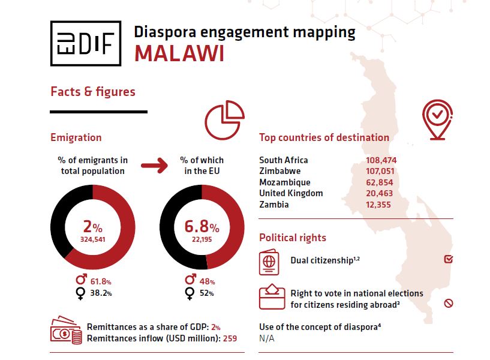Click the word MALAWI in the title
[179, 53]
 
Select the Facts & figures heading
[93, 92]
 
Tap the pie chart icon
[224, 120]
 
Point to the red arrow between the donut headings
[154, 166]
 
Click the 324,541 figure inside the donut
[92, 239]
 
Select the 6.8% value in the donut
[202, 227]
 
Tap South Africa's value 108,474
[381, 160]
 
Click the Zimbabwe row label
[280, 171]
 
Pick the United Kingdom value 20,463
[381, 193]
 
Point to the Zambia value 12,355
[381, 205]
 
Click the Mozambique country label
[285, 182]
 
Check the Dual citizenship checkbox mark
[448, 259]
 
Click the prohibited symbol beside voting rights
[448, 304]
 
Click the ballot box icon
[272, 296]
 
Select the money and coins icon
[67, 331]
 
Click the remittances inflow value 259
[230, 339]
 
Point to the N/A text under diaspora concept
[267, 338]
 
